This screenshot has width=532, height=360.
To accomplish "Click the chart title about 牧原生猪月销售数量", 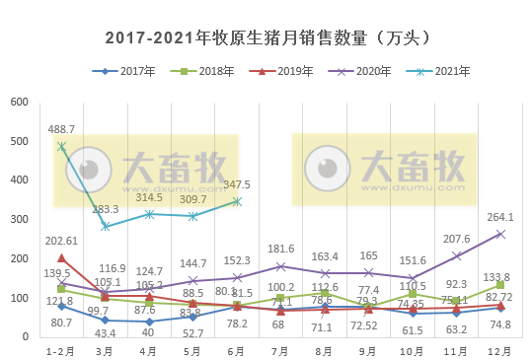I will pos(267,38).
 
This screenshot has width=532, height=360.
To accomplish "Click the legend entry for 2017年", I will pos(132,72).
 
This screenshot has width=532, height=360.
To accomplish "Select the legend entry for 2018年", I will pos(210,72).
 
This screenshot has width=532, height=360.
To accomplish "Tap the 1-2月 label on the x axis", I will pos(61,350).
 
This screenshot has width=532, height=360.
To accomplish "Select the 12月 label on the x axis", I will pos(500,350).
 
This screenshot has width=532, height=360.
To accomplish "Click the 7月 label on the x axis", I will pos(281,350).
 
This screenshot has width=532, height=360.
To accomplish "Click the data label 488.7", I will pos(62,129).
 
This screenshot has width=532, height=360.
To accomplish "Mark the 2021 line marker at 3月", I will pos(106,227).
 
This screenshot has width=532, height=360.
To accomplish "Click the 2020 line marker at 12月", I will pos(500,234).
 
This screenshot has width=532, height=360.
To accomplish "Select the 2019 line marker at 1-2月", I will pos(61,257).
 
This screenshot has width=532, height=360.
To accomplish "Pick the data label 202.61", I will pos(61,241).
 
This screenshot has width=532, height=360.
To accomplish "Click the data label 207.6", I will pos(457,239).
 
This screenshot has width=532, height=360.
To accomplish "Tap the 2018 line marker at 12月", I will pos(500,285).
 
